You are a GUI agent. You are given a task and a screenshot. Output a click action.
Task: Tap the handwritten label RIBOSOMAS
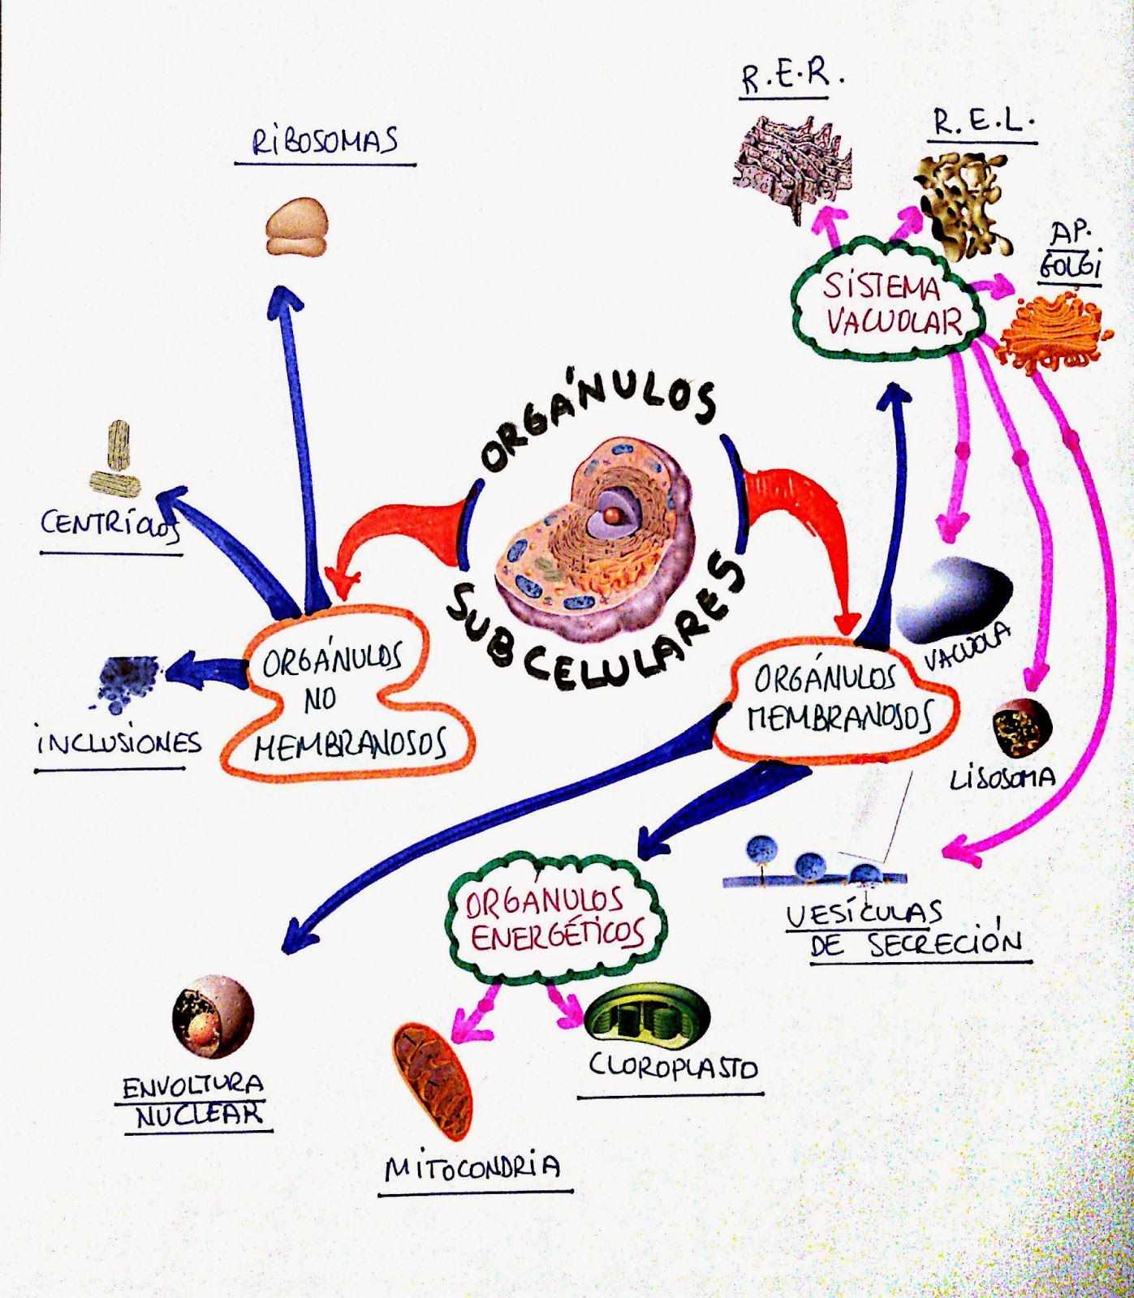coord(325,142)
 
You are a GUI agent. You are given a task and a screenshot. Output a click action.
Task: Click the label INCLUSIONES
coord(119,743)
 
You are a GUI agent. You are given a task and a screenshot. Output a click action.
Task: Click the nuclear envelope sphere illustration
coord(213,1017)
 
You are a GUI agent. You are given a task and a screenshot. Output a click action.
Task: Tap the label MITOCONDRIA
coord(472,1167)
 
